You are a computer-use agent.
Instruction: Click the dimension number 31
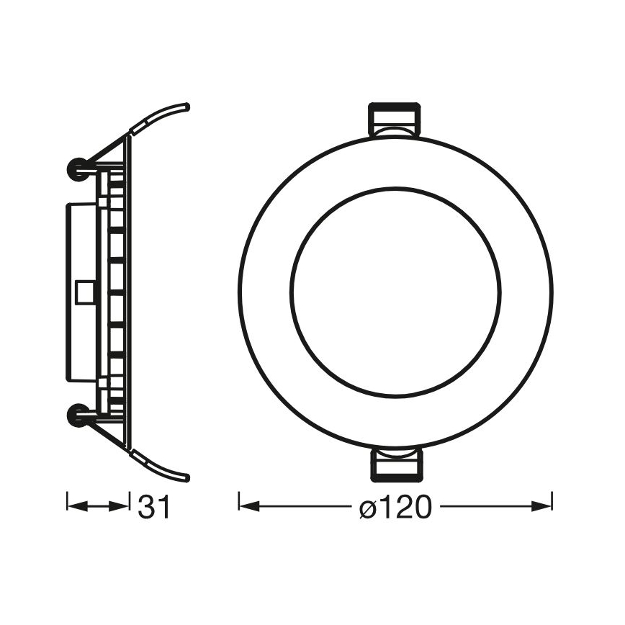click(x=154, y=507)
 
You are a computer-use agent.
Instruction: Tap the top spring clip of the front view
click(x=394, y=120)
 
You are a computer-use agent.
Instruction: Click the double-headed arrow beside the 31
click(x=98, y=506)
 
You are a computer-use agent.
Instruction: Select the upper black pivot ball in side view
click(x=76, y=168)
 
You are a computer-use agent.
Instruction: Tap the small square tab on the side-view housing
click(x=84, y=291)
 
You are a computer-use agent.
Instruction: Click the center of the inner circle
click(x=395, y=292)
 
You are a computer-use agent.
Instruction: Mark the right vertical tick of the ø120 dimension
click(x=552, y=503)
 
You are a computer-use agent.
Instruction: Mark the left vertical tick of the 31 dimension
click(x=67, y=503)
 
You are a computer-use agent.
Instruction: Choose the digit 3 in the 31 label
click(x=147, y=507)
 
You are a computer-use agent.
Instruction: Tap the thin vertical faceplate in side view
click(x=129, y=291)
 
